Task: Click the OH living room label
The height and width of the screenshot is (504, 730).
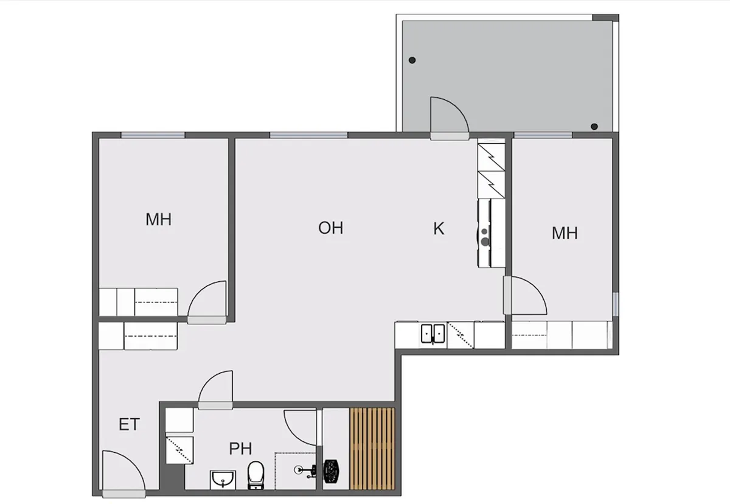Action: point(331,228)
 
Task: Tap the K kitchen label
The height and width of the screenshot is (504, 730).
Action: point(439,228)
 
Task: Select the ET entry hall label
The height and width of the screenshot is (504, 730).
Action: point(130,424)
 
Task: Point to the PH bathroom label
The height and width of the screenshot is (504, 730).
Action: point(240,449)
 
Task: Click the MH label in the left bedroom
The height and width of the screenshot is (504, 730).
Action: point(158,219)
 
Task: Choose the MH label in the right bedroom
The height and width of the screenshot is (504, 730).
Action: point(565,233)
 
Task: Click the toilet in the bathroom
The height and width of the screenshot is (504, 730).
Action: point(255,475)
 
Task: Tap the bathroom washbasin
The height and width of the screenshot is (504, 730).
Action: point(223,480)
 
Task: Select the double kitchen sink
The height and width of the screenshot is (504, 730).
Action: point(433,334)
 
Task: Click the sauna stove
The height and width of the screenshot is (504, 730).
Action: point(331,471)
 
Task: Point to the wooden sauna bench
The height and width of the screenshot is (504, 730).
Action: point(372,449)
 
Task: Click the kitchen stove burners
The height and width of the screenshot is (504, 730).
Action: point(485,237)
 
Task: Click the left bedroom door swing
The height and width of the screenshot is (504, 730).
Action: point(207,302)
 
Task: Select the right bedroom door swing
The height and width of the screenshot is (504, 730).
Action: point(525,295)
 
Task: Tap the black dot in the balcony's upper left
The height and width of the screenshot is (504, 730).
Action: point(412,60)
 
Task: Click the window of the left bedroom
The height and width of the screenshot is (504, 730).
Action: point(153,135)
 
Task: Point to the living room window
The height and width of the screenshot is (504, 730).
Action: point(308,135)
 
